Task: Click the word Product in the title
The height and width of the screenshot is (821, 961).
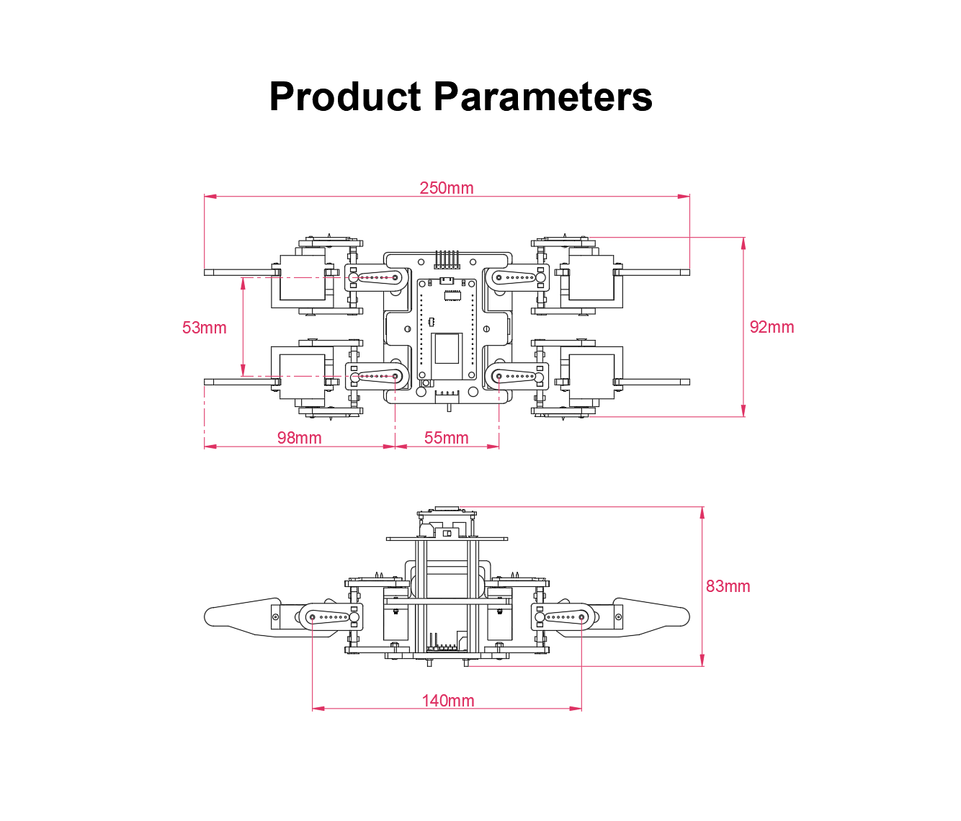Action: click(345, 97)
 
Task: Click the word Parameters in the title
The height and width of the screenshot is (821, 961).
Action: click(543, 97)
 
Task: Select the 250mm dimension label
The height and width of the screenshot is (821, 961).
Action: click(447, 188)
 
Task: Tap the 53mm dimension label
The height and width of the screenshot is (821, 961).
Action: click(204, 328)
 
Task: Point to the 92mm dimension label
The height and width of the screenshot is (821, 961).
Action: click(772, 327)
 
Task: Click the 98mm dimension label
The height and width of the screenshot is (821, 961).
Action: click(299, 438)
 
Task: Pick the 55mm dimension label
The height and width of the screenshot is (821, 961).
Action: click(446, 438)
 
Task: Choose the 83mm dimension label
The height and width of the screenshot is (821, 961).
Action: click(728, 586)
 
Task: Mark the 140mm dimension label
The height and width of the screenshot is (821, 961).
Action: click(447, 701)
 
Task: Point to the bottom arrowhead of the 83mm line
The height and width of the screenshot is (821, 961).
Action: click(702, 660)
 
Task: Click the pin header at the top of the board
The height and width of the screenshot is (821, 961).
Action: click(447, 260)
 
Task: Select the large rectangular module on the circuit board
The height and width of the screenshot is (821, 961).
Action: click(447, 349)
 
